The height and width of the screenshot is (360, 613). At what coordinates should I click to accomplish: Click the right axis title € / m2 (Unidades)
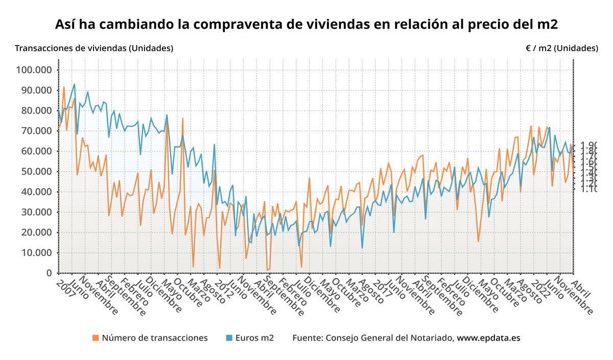(561, 48)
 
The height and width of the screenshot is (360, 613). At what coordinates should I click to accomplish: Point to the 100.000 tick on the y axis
(37, 70)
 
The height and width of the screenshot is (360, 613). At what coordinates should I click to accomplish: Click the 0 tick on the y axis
(49, 273)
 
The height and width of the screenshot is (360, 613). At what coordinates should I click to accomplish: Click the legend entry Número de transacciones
(154, 338)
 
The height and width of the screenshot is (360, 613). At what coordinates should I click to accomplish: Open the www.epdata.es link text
(488, 338)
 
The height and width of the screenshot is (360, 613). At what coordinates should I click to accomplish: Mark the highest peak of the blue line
(74, 84)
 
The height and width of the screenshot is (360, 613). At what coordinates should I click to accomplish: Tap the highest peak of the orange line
(64, 87)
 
